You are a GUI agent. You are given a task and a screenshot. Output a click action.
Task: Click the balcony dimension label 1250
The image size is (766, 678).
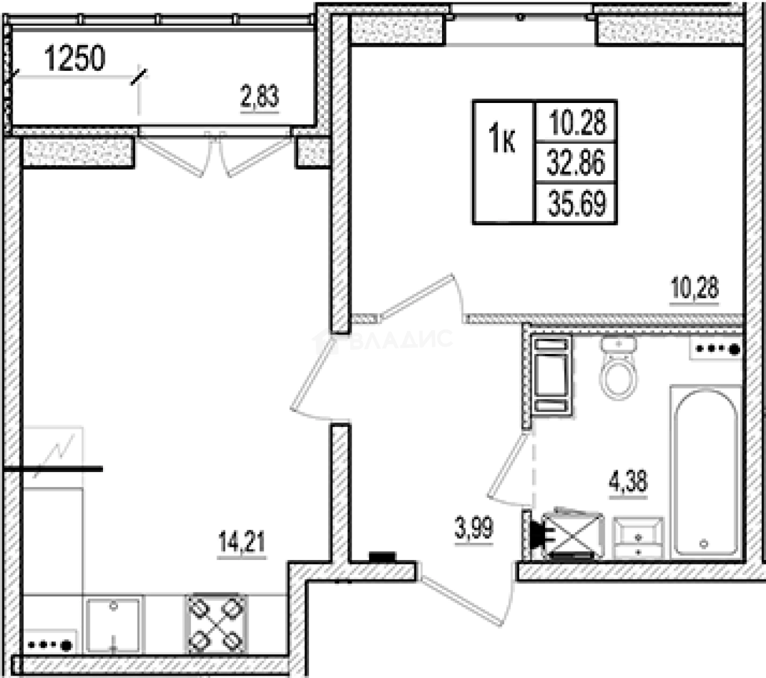click(x=75, y=59)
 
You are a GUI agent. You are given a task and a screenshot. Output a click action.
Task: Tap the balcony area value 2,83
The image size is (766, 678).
click(x=259, y=98)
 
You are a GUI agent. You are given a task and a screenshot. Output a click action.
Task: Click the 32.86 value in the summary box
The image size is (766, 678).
click(x=576, y=163)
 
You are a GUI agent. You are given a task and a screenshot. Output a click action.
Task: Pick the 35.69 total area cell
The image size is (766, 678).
click(x=576, y=204)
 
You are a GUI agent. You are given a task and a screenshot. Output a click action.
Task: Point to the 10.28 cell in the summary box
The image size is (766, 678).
click(x=576, y=121)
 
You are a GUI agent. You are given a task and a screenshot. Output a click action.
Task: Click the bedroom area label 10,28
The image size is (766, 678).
click(x=694, y=289)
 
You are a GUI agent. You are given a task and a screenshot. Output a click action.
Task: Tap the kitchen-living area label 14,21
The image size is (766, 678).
click(x=241, y=542)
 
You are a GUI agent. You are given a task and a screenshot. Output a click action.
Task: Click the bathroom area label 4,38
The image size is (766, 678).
click(x=628, y=483)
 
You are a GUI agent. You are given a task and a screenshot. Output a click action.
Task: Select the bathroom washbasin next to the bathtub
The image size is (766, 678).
click(x=638, y=537)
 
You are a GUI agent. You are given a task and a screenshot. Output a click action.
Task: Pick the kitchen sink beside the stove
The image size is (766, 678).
click(x=113, y=624)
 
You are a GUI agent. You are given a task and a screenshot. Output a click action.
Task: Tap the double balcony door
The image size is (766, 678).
click(x=215, y=154)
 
